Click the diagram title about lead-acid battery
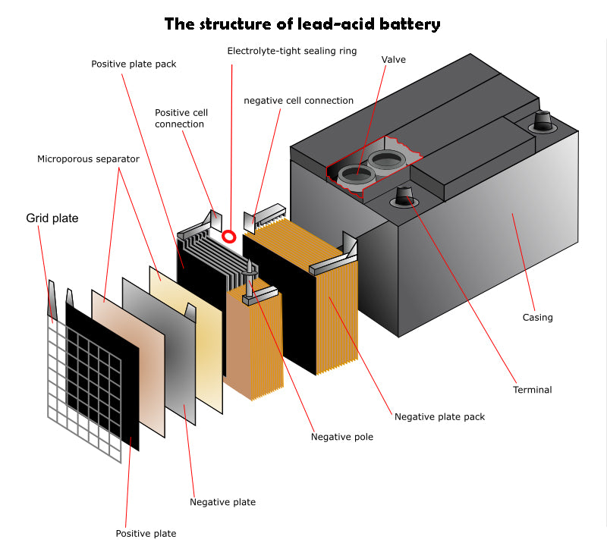302,24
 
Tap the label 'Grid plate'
52,218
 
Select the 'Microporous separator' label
89,159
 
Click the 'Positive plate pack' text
134,64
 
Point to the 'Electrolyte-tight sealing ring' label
292,51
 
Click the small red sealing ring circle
228,237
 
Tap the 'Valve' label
394,59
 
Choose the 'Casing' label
537,318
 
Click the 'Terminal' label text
533,390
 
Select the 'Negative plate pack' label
439,416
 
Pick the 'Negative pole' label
342,437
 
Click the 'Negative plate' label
222,502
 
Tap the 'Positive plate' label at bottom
146,533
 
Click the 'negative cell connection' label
298,100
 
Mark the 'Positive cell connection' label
181,118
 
